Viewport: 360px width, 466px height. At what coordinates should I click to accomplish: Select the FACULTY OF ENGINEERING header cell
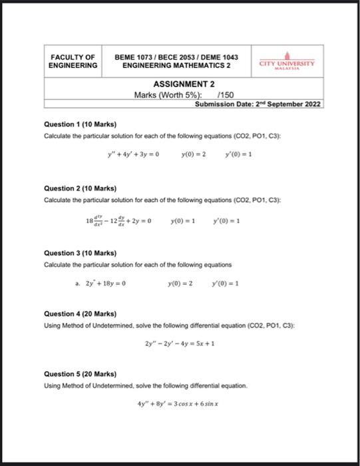coord(73,61)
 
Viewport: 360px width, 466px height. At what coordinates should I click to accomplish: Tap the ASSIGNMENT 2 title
coord(184,85)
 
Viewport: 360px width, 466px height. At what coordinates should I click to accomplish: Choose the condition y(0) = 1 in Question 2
coord(183,220)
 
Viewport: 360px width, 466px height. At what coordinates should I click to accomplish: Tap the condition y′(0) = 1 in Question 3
coord(225,283)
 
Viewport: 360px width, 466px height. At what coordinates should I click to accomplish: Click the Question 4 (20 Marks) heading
coord(80,314)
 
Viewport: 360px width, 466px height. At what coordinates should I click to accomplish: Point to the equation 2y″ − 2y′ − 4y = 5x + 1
coord(179,344)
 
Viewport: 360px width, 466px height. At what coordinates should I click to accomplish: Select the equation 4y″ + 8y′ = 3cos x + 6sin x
coord(179,403)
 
